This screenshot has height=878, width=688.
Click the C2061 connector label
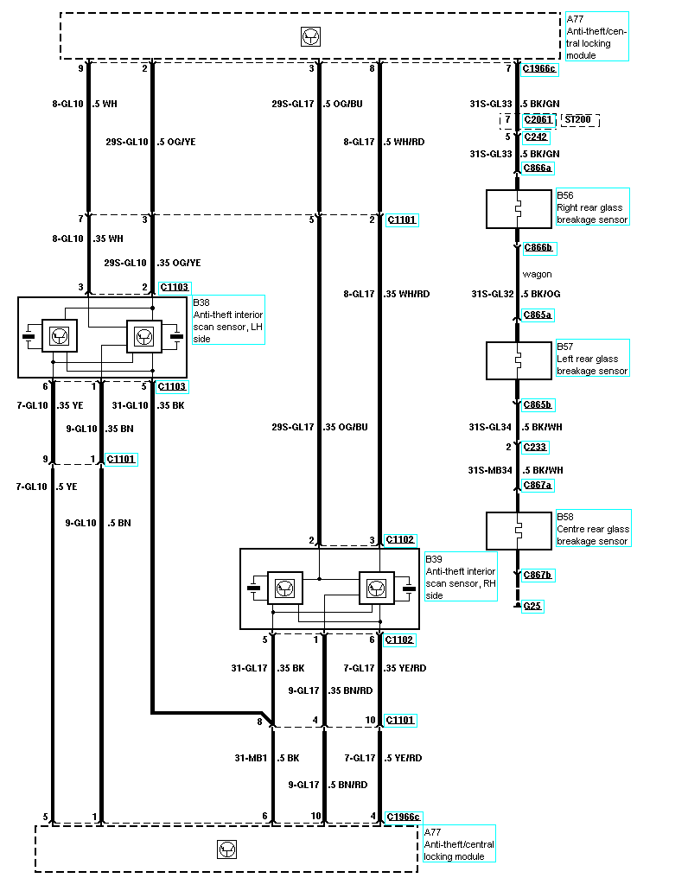(x=537, y=120)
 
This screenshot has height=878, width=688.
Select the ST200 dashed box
(x=580, y=120)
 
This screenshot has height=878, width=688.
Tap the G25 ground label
(x=533, y=606)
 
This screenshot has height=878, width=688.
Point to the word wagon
(x=537, y=274)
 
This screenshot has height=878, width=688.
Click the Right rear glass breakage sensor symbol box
(x=519, y=209)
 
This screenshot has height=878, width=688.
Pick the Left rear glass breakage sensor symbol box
(x=519, y=360)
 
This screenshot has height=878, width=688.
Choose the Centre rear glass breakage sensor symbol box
(x=519, y=531)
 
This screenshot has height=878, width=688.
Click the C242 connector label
(x=536, y=137)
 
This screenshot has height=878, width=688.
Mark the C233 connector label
(x=536, y=447)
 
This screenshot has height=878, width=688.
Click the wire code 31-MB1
(x=252, y=758)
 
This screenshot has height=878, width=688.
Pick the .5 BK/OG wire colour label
(x=540, y=294)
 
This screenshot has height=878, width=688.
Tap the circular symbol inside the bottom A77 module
(x=226, y=849)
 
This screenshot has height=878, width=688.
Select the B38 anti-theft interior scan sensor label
(x=227, y=320)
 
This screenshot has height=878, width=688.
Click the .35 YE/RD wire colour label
(x=405, y=668)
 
